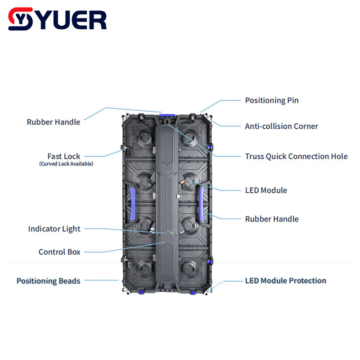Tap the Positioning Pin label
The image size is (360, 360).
point(271,100)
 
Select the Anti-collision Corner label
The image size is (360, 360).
point(281,126)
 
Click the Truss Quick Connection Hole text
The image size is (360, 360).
point(296,157)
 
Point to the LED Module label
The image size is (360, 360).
point(265,190)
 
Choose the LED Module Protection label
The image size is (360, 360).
point(285,281)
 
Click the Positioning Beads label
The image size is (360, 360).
point(49,281)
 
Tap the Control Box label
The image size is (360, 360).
point(59,252)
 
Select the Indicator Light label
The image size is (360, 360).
point(54,229)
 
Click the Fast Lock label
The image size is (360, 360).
point(64,157)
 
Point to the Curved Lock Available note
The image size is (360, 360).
point(66,164)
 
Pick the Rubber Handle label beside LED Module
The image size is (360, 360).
point(271,219)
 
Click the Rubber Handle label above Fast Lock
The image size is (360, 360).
point(53,122)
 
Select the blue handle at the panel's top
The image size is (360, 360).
point(166,116)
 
